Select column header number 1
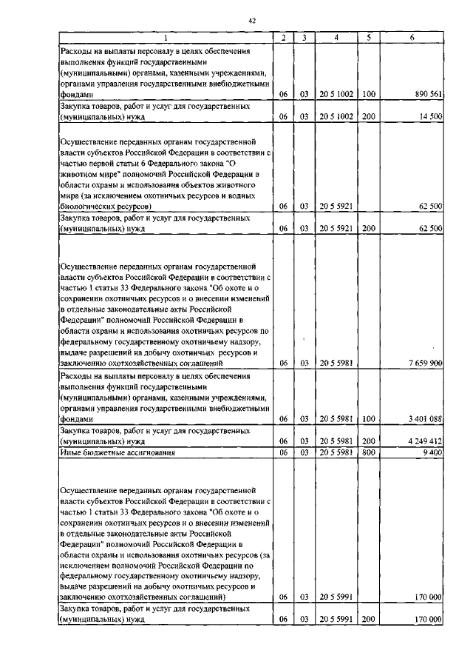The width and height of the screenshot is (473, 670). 166,37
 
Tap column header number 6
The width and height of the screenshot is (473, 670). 412,37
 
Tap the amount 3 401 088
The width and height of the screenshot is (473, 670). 425,418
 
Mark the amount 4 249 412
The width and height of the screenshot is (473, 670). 425,440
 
